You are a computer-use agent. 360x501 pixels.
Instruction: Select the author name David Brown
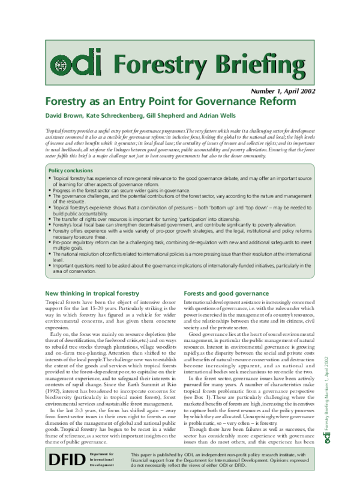coord(65,115)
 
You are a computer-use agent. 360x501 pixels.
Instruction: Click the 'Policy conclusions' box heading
coord(70,170)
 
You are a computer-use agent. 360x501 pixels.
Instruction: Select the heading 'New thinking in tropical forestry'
coord(92,293)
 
